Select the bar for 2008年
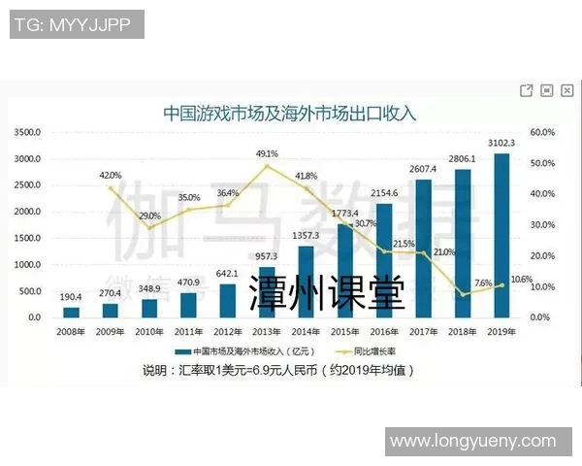(71, 312)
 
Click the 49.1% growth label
(267, 153)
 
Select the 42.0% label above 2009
(111, 175)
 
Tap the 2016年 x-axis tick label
(384, 330)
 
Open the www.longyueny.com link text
(478, 442)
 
